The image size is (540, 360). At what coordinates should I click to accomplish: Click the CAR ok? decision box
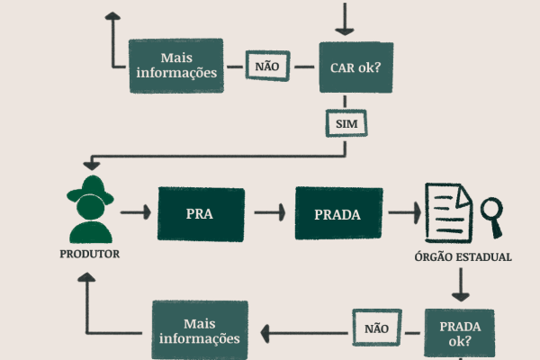point(356,66)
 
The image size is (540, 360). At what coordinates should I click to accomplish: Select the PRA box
point(200,213)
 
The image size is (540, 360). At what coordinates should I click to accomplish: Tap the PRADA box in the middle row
point(338,213)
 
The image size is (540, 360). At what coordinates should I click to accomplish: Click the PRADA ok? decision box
point(459,334)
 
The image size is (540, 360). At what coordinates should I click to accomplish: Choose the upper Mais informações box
point(175,66)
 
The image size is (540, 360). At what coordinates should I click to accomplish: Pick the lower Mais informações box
point(199,331)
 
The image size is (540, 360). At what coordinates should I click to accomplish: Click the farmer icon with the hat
point(90,209)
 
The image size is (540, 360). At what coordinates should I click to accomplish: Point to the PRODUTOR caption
point(89,254)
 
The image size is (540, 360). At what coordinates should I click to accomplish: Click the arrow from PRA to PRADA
point(270,213)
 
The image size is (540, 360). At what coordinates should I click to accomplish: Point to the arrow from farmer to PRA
point(136,213)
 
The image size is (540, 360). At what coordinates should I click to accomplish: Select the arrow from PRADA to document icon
point(403,213)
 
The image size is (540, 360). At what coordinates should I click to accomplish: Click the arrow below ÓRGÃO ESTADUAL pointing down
point(461,285)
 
